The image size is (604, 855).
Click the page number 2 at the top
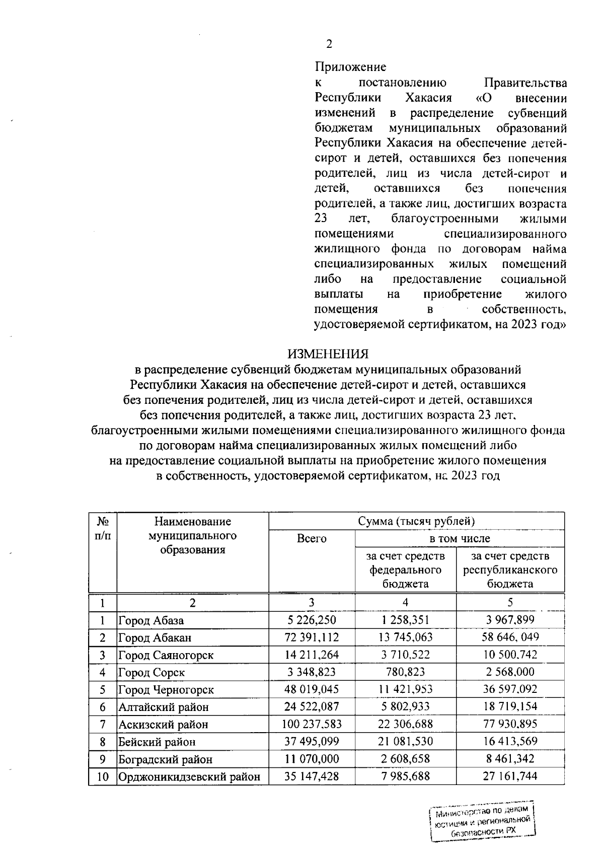329,44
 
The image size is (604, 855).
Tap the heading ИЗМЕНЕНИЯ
328,354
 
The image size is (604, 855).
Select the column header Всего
312,539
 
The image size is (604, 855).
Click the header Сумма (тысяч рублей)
416,521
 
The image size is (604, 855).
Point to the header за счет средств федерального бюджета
405,570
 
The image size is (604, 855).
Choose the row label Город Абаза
151,620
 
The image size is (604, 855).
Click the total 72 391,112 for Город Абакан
312,637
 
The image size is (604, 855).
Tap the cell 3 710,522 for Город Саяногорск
405,655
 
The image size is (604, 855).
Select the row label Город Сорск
152,672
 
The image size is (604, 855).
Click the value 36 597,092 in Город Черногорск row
509,689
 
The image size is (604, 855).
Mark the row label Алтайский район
163,707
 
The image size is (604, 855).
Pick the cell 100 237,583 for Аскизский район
312,724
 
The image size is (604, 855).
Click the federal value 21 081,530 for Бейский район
405,741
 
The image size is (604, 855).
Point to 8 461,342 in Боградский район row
509,759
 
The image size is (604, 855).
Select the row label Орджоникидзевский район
189,776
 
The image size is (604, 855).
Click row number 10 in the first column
103,776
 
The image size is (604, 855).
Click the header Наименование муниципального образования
192,535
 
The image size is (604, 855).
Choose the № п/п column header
103,528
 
